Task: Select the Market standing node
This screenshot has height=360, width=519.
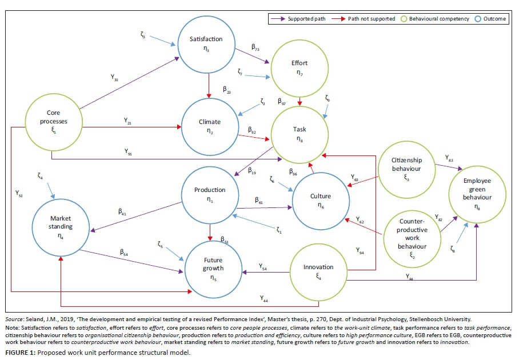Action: click(61, 224)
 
